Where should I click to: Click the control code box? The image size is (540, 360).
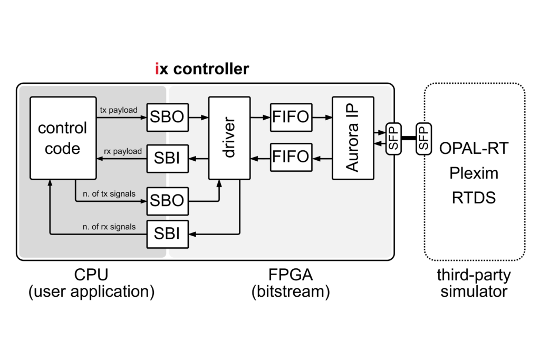63,138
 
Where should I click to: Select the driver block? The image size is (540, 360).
229,138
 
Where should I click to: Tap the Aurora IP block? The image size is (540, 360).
352,138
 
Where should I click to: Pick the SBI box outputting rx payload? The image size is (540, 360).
167,157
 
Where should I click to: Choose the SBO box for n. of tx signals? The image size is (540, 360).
167,200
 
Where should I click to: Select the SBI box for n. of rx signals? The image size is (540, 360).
167,233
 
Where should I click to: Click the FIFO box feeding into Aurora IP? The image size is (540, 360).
290,117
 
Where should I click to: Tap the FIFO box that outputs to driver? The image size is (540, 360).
290,157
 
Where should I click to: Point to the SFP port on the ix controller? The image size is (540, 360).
392,138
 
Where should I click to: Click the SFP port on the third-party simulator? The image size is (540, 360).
423,138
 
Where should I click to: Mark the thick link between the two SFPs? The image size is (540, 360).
408,138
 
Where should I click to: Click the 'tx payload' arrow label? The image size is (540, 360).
119,110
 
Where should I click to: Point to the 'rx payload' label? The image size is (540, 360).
123,151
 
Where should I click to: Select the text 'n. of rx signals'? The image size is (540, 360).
109,227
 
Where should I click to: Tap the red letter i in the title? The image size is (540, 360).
157,69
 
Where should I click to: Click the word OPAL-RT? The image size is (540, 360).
474,149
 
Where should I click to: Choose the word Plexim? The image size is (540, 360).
474,173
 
